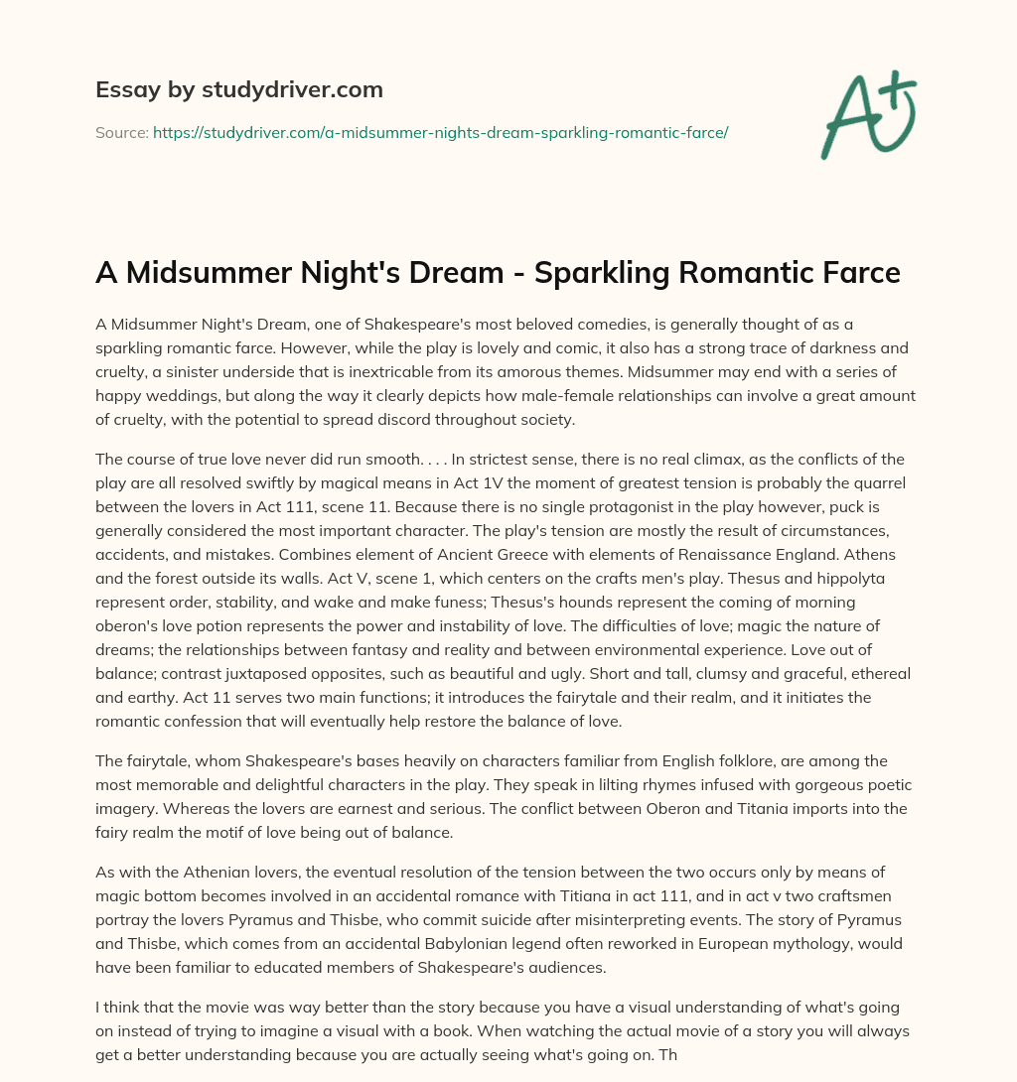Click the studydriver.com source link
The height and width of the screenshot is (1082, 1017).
[x=441, y=132]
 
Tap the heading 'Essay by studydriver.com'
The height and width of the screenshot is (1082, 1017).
[x=238, y=89]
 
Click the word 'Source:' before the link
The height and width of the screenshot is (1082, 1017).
[x=121, y=132]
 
